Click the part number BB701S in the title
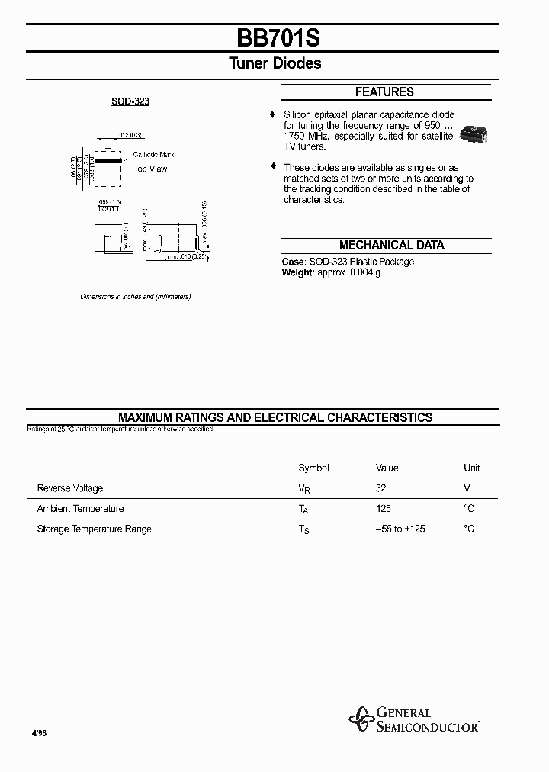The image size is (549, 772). [x=274, y=37]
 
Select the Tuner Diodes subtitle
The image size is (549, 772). [x=274, y=64]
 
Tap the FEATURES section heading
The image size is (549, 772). [x=384, y=92]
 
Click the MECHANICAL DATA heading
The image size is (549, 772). [x=391, y=246]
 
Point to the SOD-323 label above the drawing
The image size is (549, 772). [x=130, y=101]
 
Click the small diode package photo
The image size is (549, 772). [x=474, y=136]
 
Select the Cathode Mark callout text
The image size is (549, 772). [x=154, y=155]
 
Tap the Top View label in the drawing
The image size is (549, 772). [x=150, y=169]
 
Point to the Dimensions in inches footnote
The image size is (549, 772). [x=136, y=296]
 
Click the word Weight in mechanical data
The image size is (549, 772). [x=297, y=272]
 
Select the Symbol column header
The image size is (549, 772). [x=313, y=468]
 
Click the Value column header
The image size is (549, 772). [x=387, y=468]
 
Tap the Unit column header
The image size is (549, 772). [x=472, y=468]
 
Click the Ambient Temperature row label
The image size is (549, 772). [x=80, y=509]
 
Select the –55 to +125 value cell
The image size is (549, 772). [x=400, y=529]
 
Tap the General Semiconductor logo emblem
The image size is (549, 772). [x=360, y=719]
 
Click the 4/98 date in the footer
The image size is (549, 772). [x=38, y=732]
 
